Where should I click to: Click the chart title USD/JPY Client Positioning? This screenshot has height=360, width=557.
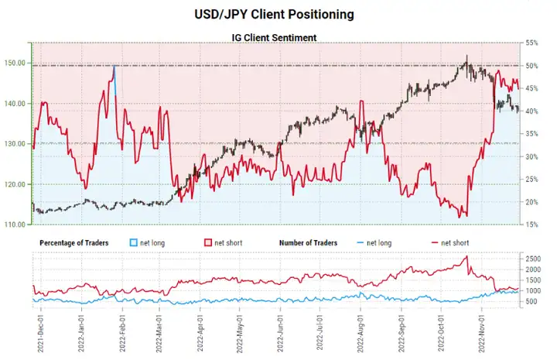(278, 14)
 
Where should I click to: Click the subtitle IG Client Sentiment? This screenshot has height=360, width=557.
(278, 36)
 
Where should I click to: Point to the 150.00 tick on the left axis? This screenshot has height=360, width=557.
(17, 63)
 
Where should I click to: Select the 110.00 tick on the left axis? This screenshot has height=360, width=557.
(17, 225)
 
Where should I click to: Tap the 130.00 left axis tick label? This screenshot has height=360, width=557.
(17, 144)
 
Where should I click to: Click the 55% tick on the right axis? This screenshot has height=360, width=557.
(532, 43)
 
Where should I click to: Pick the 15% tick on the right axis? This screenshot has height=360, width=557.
(532, 225)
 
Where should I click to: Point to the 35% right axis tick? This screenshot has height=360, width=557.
(532, 134)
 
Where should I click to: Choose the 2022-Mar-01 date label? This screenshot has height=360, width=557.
(161, 329)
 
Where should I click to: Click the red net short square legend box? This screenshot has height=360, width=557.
(208, 243)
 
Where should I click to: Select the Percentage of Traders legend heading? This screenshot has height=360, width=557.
(73, 243)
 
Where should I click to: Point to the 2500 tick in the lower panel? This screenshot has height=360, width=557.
(535, 257)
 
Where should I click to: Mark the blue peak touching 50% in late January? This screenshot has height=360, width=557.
(114, 67)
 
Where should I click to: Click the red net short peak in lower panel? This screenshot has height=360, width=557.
(466, 257)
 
